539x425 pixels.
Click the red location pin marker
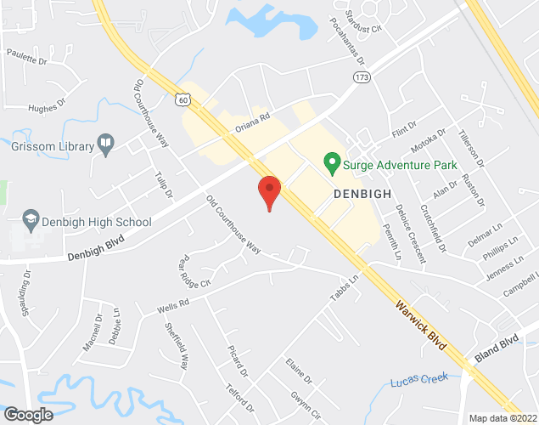click(x=269, y=191)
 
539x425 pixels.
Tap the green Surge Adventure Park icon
click(x=333, y=160)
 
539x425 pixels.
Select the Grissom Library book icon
click(x=106, y=145)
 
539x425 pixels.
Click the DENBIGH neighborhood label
click(x=362, y=194)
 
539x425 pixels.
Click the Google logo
click(x=27, y=414)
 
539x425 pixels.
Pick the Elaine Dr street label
click(x=299, y=371)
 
